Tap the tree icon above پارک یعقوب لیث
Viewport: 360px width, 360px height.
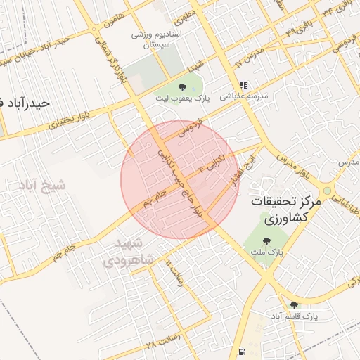[x=183, y=87]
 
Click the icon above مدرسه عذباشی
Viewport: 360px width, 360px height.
[x=244, y=85]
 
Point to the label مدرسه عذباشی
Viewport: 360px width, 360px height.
[x=243, y=98]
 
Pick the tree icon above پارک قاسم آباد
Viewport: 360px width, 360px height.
[x=294, y=305]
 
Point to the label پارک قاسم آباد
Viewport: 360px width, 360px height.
[x=294, y=317]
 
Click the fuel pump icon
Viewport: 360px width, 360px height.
[x=243, y=351]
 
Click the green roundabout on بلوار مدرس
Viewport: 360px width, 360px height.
[x=326, y=190]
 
